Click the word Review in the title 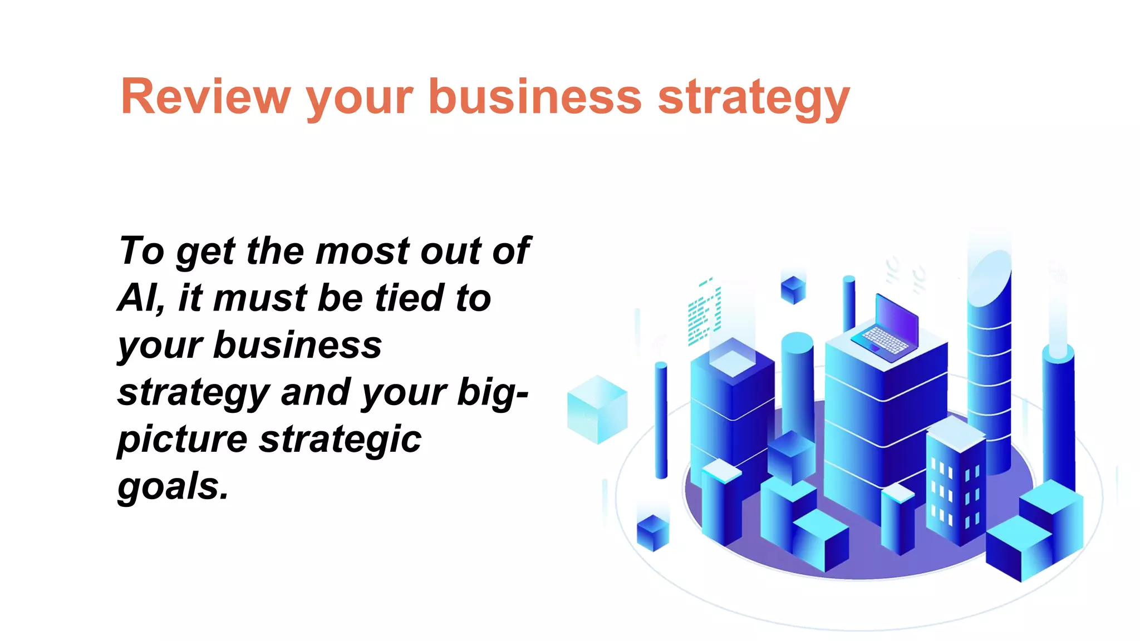(205, 97)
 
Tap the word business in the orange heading (535, 97)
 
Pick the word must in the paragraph (260, 298)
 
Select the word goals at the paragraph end (173, 487)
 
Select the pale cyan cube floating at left (597, 410)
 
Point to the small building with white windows (954, 481)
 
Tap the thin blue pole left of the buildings (661, 420)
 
